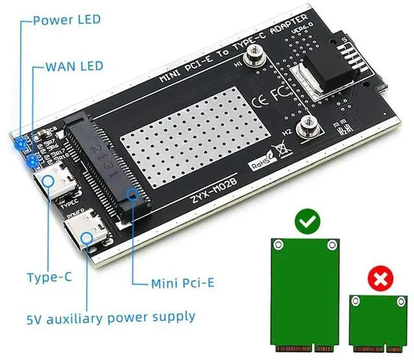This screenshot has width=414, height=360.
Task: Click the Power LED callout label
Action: click(67, 19)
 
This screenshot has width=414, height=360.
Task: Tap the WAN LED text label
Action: click(75, 67)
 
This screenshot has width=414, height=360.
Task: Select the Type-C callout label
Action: click(49, 279)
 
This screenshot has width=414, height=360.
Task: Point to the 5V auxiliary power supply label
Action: click(110, 317)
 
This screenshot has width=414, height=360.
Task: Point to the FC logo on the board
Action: click(280, 95)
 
